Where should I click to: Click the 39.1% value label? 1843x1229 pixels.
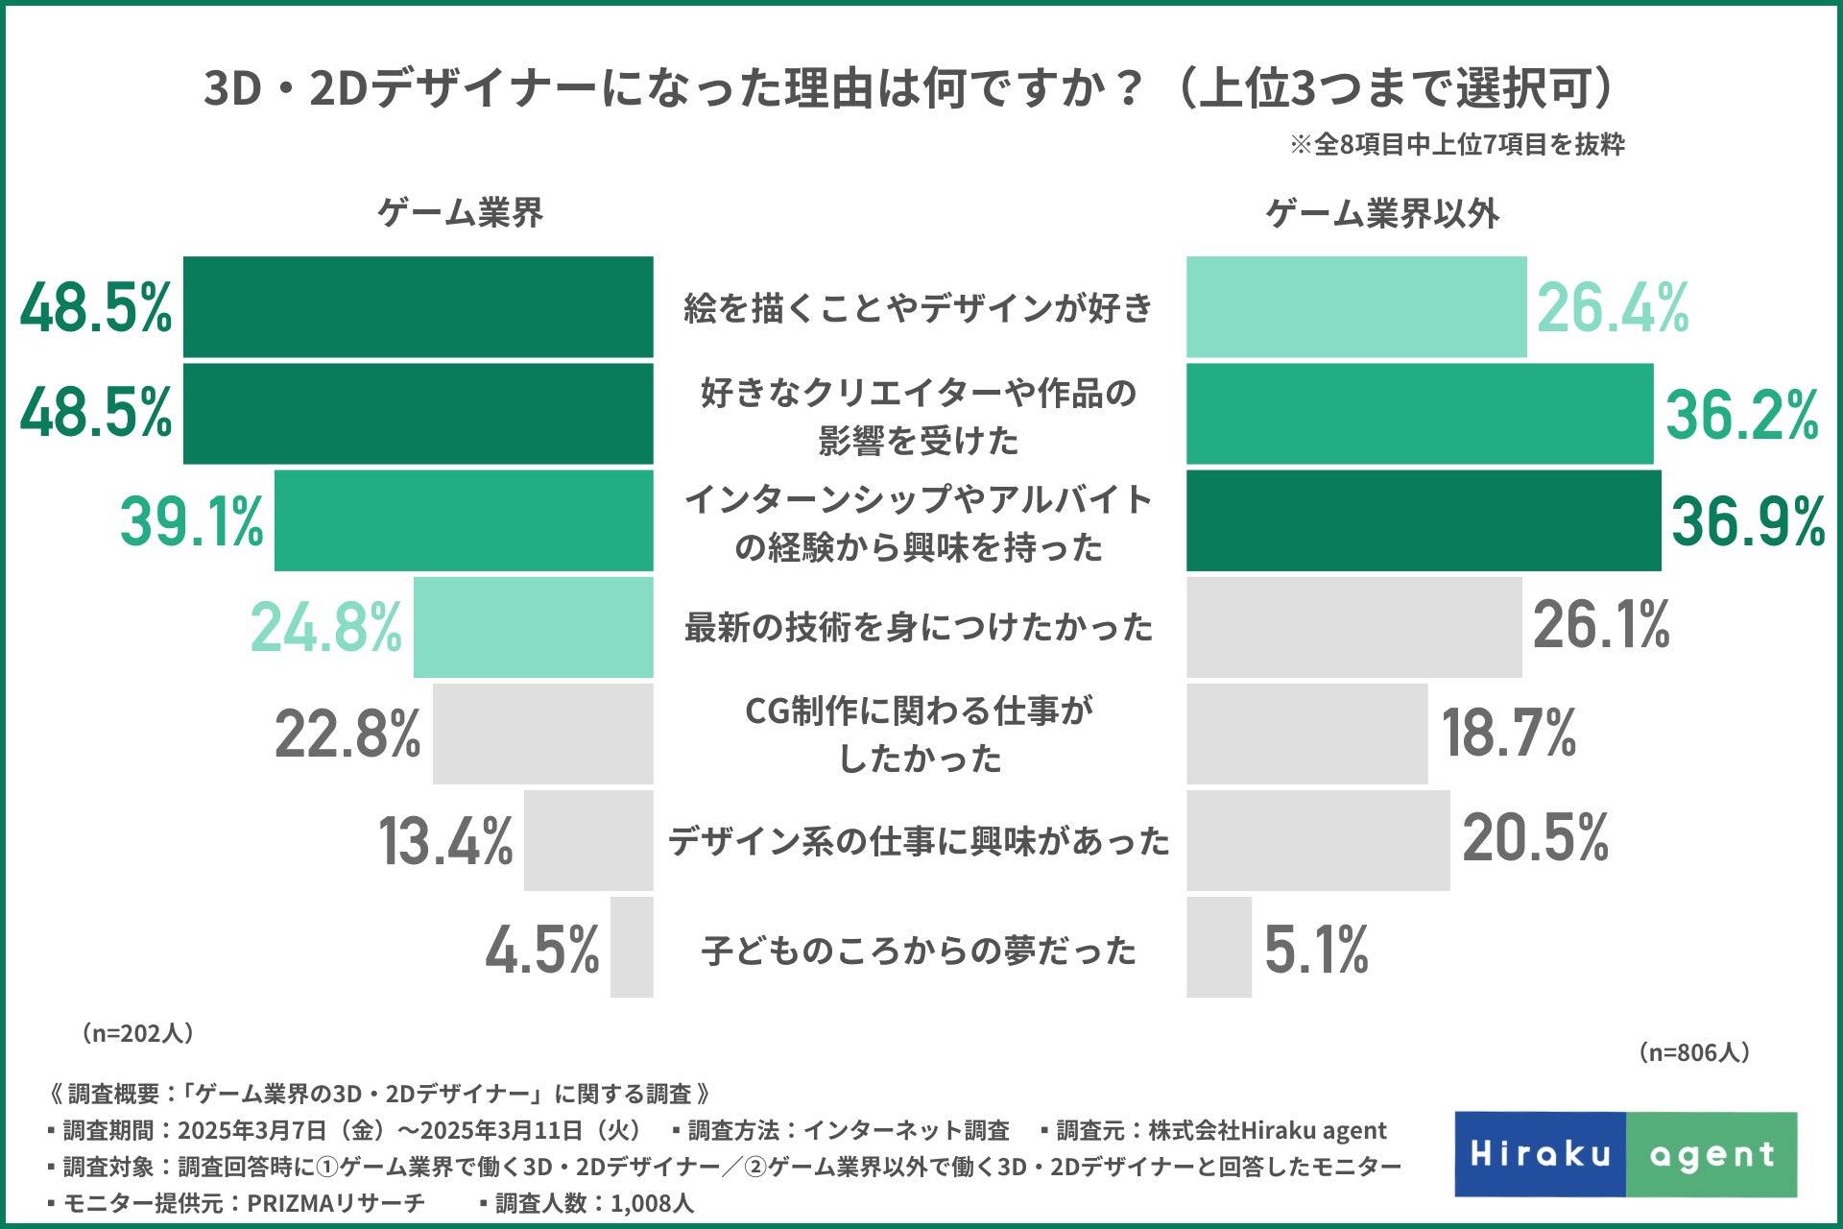(191, 521)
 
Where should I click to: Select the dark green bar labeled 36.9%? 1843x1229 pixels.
(1423, 521)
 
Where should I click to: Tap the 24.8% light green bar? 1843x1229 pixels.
(533, 628)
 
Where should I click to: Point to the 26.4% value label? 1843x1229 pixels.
(1613, 308)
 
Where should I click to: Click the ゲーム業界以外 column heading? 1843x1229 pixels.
(1381, 213)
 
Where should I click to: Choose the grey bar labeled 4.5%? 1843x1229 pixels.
(632, 948)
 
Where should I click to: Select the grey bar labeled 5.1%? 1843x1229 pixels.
(1219, 948)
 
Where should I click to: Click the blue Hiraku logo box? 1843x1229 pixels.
(1540, 1154)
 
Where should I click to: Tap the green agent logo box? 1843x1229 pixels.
(1711, 1154)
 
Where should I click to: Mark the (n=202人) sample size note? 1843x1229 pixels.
(138, 1033)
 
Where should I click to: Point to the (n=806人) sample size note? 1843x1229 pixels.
(1694, 1052)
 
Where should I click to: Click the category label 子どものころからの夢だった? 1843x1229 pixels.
(919, 951)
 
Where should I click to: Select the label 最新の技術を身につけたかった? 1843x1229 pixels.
(919, 628)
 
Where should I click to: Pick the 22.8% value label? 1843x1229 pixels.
(347, 735)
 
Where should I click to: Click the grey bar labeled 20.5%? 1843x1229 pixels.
(1318, 841)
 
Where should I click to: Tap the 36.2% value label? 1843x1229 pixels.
(1741, 415)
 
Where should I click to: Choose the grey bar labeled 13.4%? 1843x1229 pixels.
(588, 841)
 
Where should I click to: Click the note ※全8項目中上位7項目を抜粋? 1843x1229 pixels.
(1456, 145)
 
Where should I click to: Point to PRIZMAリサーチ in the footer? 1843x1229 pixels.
(336, 1203)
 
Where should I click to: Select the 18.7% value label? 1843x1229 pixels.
(1509, 733)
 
